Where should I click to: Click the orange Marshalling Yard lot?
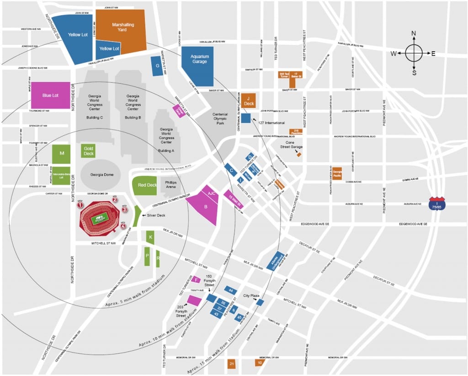121,27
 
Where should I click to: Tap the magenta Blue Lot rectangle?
50,95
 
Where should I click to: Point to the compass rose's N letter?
414,33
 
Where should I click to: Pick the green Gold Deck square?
88,151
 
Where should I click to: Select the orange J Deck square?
249,100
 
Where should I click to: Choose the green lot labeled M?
61,154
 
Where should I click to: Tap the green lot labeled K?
150,237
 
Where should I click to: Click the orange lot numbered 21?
232,364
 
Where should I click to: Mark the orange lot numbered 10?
259,363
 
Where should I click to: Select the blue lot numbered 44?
231,290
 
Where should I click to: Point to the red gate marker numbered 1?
80,205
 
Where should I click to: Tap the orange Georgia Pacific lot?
337,173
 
